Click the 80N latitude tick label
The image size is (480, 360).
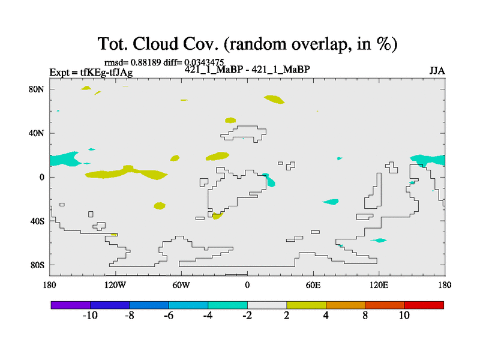coord(37,89)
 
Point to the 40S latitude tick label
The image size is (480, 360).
coord(37,221)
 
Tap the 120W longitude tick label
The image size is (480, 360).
coord(115,286)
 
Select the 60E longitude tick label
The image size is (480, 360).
coord(313,286)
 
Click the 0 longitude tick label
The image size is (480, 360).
coord(247,286)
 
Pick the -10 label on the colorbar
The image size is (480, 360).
coord(90,316)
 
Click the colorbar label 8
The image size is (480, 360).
coord(365,316)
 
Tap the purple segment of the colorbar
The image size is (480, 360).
coord(71,305)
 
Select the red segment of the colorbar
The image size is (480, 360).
coord(424,305)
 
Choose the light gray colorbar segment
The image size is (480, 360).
coord(267,305)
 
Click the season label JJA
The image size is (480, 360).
coord(437,71)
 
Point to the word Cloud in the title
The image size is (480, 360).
coord(155,44)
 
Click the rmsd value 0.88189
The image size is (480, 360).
coord(146,62)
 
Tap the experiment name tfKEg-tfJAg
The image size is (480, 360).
coord(107,73)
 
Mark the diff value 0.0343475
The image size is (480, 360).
coord(204,62)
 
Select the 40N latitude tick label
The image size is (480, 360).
coord(37,133)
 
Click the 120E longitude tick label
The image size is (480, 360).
coord(379,286)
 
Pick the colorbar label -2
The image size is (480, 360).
coord(247,316)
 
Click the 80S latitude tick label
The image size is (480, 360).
coord(37,265)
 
